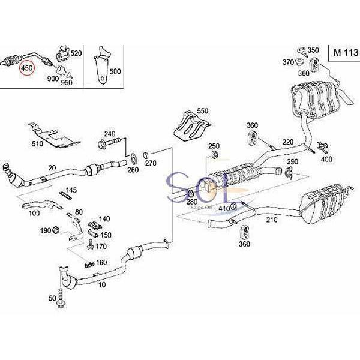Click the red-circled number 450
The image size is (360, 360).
point(27,69)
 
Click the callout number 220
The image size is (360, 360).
point(289,142)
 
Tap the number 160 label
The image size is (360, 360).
point(101,262)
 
